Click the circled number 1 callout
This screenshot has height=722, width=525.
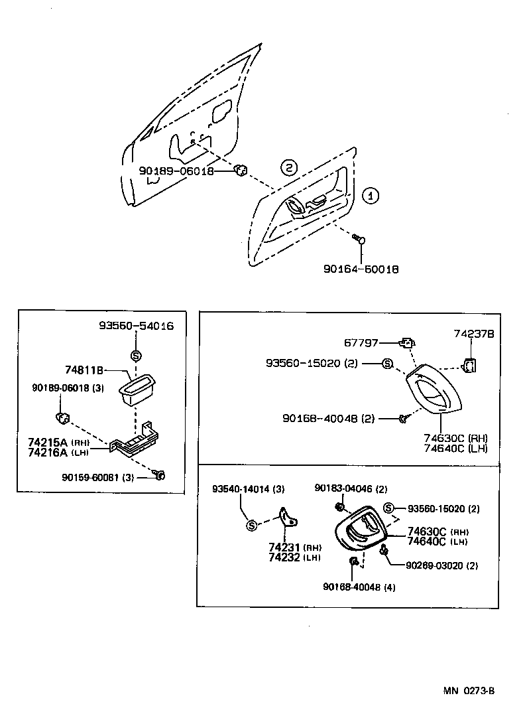[371, 196]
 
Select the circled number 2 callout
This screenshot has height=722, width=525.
[288, 167]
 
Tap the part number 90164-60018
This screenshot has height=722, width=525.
[361, 269]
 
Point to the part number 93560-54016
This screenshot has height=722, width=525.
[136, 326]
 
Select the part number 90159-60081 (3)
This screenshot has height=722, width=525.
[97, 476]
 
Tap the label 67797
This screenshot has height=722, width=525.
[361, 343]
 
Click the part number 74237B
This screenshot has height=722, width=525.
[473, 335]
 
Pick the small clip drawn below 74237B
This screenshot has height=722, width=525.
[470, 364]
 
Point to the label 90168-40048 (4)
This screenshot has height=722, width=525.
[359, 587]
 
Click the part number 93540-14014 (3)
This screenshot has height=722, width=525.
[249, 489]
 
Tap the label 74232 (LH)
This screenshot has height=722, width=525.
[294, 557]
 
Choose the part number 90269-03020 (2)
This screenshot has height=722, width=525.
[442, 565]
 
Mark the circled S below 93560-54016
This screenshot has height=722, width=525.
[136, 355]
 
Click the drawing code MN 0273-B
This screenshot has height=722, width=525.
[469, 690]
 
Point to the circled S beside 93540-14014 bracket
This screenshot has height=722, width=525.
[251, 526]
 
